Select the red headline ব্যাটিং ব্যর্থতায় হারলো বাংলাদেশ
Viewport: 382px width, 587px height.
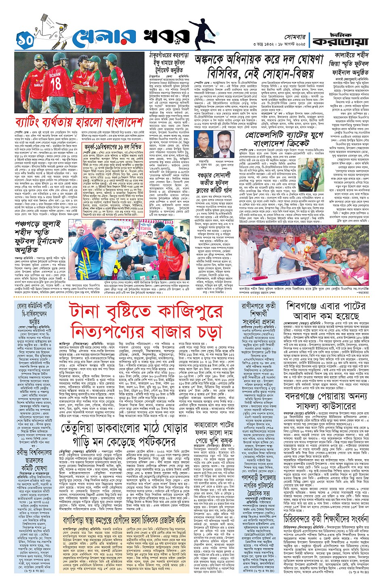(x=78, y=122)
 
